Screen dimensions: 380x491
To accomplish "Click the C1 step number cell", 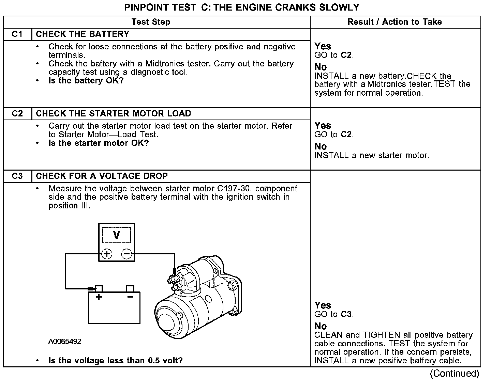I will [x=17, y=34].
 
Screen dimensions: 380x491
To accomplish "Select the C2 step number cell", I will [x=17, y=114].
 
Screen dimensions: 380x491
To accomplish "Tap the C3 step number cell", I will [x=17, y=176].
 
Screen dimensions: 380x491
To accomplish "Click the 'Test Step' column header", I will [x=151, y=22].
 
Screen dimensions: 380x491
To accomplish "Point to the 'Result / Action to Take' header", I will [x=395, y=22].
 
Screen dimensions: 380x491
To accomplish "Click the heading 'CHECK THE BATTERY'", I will [x=83, y=34].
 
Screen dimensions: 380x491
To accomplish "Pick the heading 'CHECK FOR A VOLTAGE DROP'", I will [x=102, y=176].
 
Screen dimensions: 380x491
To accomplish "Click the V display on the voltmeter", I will [x=117, y=235].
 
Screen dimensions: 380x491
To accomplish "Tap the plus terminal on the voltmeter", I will [x=107, y=254].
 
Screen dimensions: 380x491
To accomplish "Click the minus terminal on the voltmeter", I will [x=127, y=254].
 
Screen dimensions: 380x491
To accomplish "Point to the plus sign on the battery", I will [x=99, y=297].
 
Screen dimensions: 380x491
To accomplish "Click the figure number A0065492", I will [x=65, y=342].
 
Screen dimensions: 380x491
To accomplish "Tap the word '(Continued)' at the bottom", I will [x=455, y=374].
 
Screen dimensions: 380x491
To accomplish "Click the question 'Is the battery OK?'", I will [x=86, y=81].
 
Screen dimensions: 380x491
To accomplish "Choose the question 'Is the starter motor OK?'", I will [x=99, y=143].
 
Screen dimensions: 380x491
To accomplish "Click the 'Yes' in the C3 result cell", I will [x=323, y=305].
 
